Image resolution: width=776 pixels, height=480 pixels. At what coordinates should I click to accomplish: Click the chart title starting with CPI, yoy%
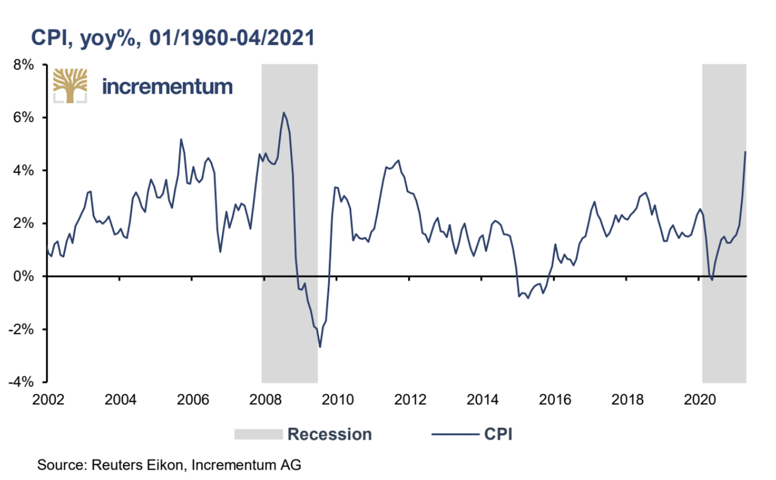pyautogui.click(x=172, y=38)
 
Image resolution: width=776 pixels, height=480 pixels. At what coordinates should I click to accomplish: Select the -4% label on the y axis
pyautogui.click(x=26, y=382)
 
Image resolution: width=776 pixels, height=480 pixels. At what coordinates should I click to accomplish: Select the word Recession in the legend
pyautogui.click(x=329, y=434)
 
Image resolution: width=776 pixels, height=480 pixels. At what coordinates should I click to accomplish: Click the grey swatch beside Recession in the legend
pyautogui.click(x=258, y=434)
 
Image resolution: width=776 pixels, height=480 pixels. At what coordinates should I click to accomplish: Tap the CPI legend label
pyautogui.click(x=499, y=434)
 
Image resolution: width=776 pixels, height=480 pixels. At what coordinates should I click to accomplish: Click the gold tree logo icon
pyautogui.click(x=70, y=86)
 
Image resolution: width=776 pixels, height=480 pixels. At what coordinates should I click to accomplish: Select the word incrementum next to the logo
pyautogui.click(x=167, y=86)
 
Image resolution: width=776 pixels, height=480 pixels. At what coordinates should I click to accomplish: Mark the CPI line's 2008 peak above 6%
pyautogui.click(x=283, y=112)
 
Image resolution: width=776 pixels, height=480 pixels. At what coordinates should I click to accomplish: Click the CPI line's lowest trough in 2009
pyautogui.click(x=319, y=347)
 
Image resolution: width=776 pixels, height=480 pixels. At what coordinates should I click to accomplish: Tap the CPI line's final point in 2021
pyautogui.click(x=745, y=152)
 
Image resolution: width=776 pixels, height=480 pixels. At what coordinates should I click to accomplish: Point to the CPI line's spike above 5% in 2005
pyautogui.click(x=181, y=139)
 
